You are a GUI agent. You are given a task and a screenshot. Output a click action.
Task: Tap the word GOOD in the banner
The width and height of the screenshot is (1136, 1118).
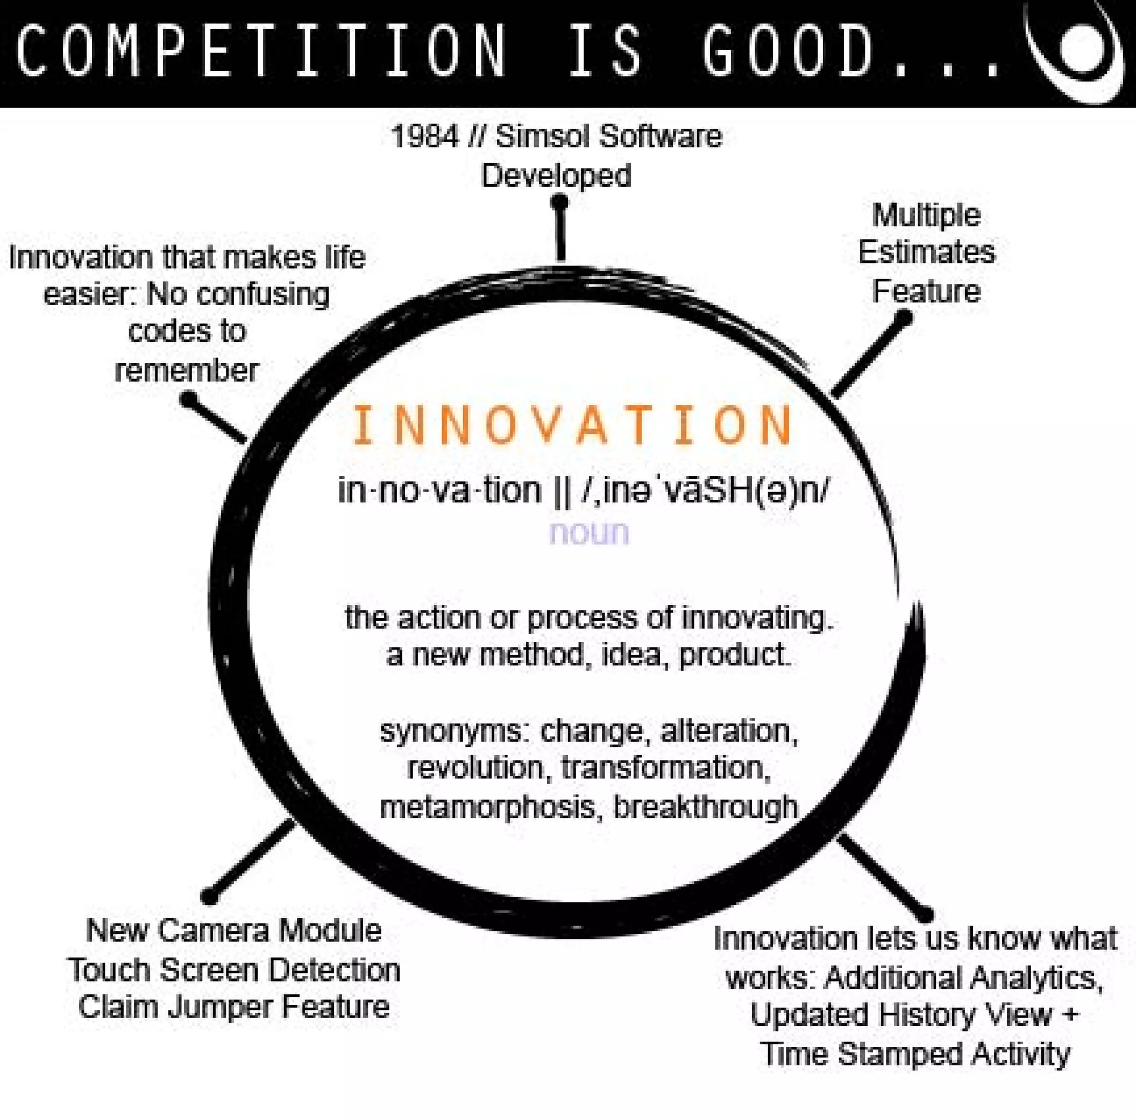point(787,52)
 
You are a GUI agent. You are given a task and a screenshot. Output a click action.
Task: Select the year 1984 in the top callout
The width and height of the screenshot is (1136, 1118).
point(424,137)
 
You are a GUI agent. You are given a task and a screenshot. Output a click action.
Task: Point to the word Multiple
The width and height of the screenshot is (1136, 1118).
point(926,215)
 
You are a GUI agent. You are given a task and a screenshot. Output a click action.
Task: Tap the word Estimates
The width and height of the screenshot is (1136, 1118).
point(926,252)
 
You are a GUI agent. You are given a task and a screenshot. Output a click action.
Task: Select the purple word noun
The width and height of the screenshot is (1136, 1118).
point(589,533)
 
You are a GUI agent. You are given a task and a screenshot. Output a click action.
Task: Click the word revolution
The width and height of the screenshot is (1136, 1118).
point(475,768)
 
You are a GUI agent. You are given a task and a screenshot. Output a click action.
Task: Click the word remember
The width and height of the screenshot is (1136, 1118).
point(187,371)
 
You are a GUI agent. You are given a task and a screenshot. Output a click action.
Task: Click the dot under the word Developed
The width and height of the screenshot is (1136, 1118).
point(560,203)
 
